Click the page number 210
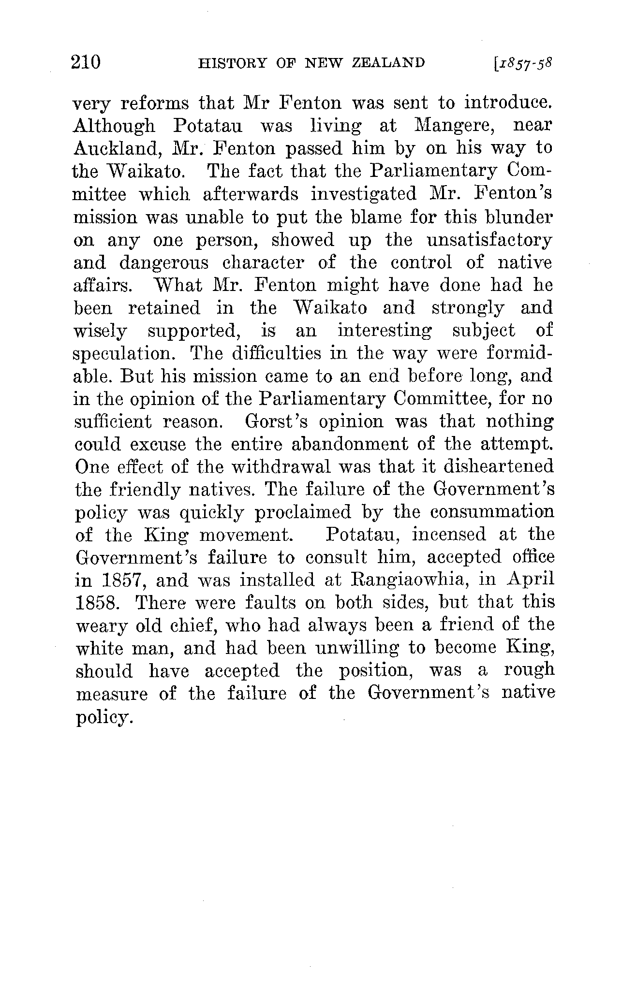[x=86, y=63]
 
